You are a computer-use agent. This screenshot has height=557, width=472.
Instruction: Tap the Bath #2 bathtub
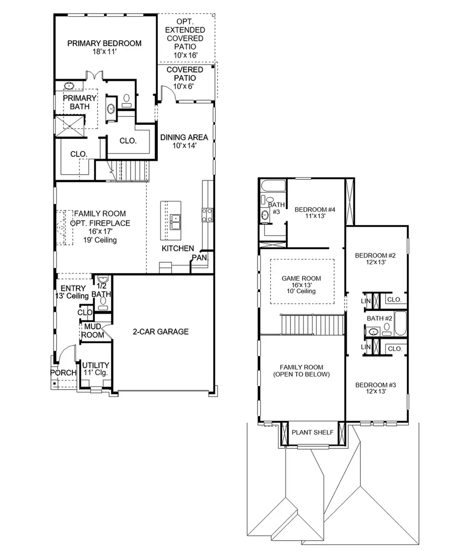point(400,323)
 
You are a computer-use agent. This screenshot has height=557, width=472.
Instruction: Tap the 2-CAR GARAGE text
point(160,331)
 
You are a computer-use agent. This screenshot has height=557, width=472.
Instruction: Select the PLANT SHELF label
point(312,432)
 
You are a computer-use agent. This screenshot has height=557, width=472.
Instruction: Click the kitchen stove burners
point(207,213)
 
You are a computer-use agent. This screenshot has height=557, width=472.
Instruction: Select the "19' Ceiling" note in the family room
point(99,240)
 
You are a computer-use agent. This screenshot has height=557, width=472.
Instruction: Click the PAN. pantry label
point(200,258)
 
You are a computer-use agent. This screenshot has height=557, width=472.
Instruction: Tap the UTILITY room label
point(96,365)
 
